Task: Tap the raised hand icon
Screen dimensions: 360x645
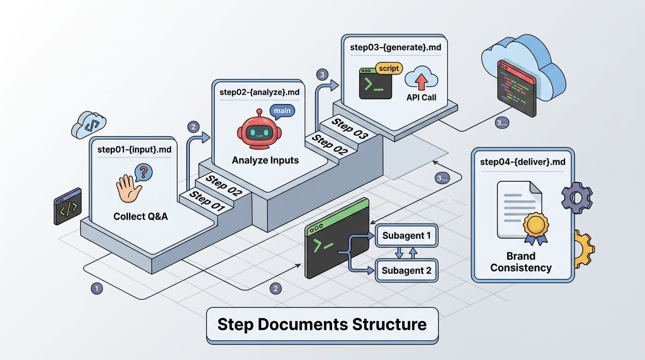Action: pyautogui.click(x=128, y=189)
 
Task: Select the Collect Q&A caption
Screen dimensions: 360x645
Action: pyautogui.click(x=141, y=217)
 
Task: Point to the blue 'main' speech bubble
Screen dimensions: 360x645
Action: pyautogui.click(x=282, y=111)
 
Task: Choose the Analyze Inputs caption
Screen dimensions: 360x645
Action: pyautogui.click(x=265, y=160)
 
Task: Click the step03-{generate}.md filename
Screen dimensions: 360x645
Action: pyautogui.click(x=395, y=47)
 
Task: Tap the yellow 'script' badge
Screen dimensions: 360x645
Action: pyautogui.click(x=388, y=68)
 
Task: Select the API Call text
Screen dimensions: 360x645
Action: pyautogui.click(x=421, y=97)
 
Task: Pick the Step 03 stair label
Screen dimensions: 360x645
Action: pyautogui.click(x=350, y=128)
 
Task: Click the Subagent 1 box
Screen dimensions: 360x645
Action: pyautogui.click(x=406, y=235)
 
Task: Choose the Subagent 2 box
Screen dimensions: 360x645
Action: pyautogui.click(x=406, y=270)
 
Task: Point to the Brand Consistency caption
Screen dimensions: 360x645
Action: pyautogui.click(x=521, y=262)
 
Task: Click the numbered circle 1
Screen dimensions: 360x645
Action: pyautogui.click(x=97, y=289)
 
